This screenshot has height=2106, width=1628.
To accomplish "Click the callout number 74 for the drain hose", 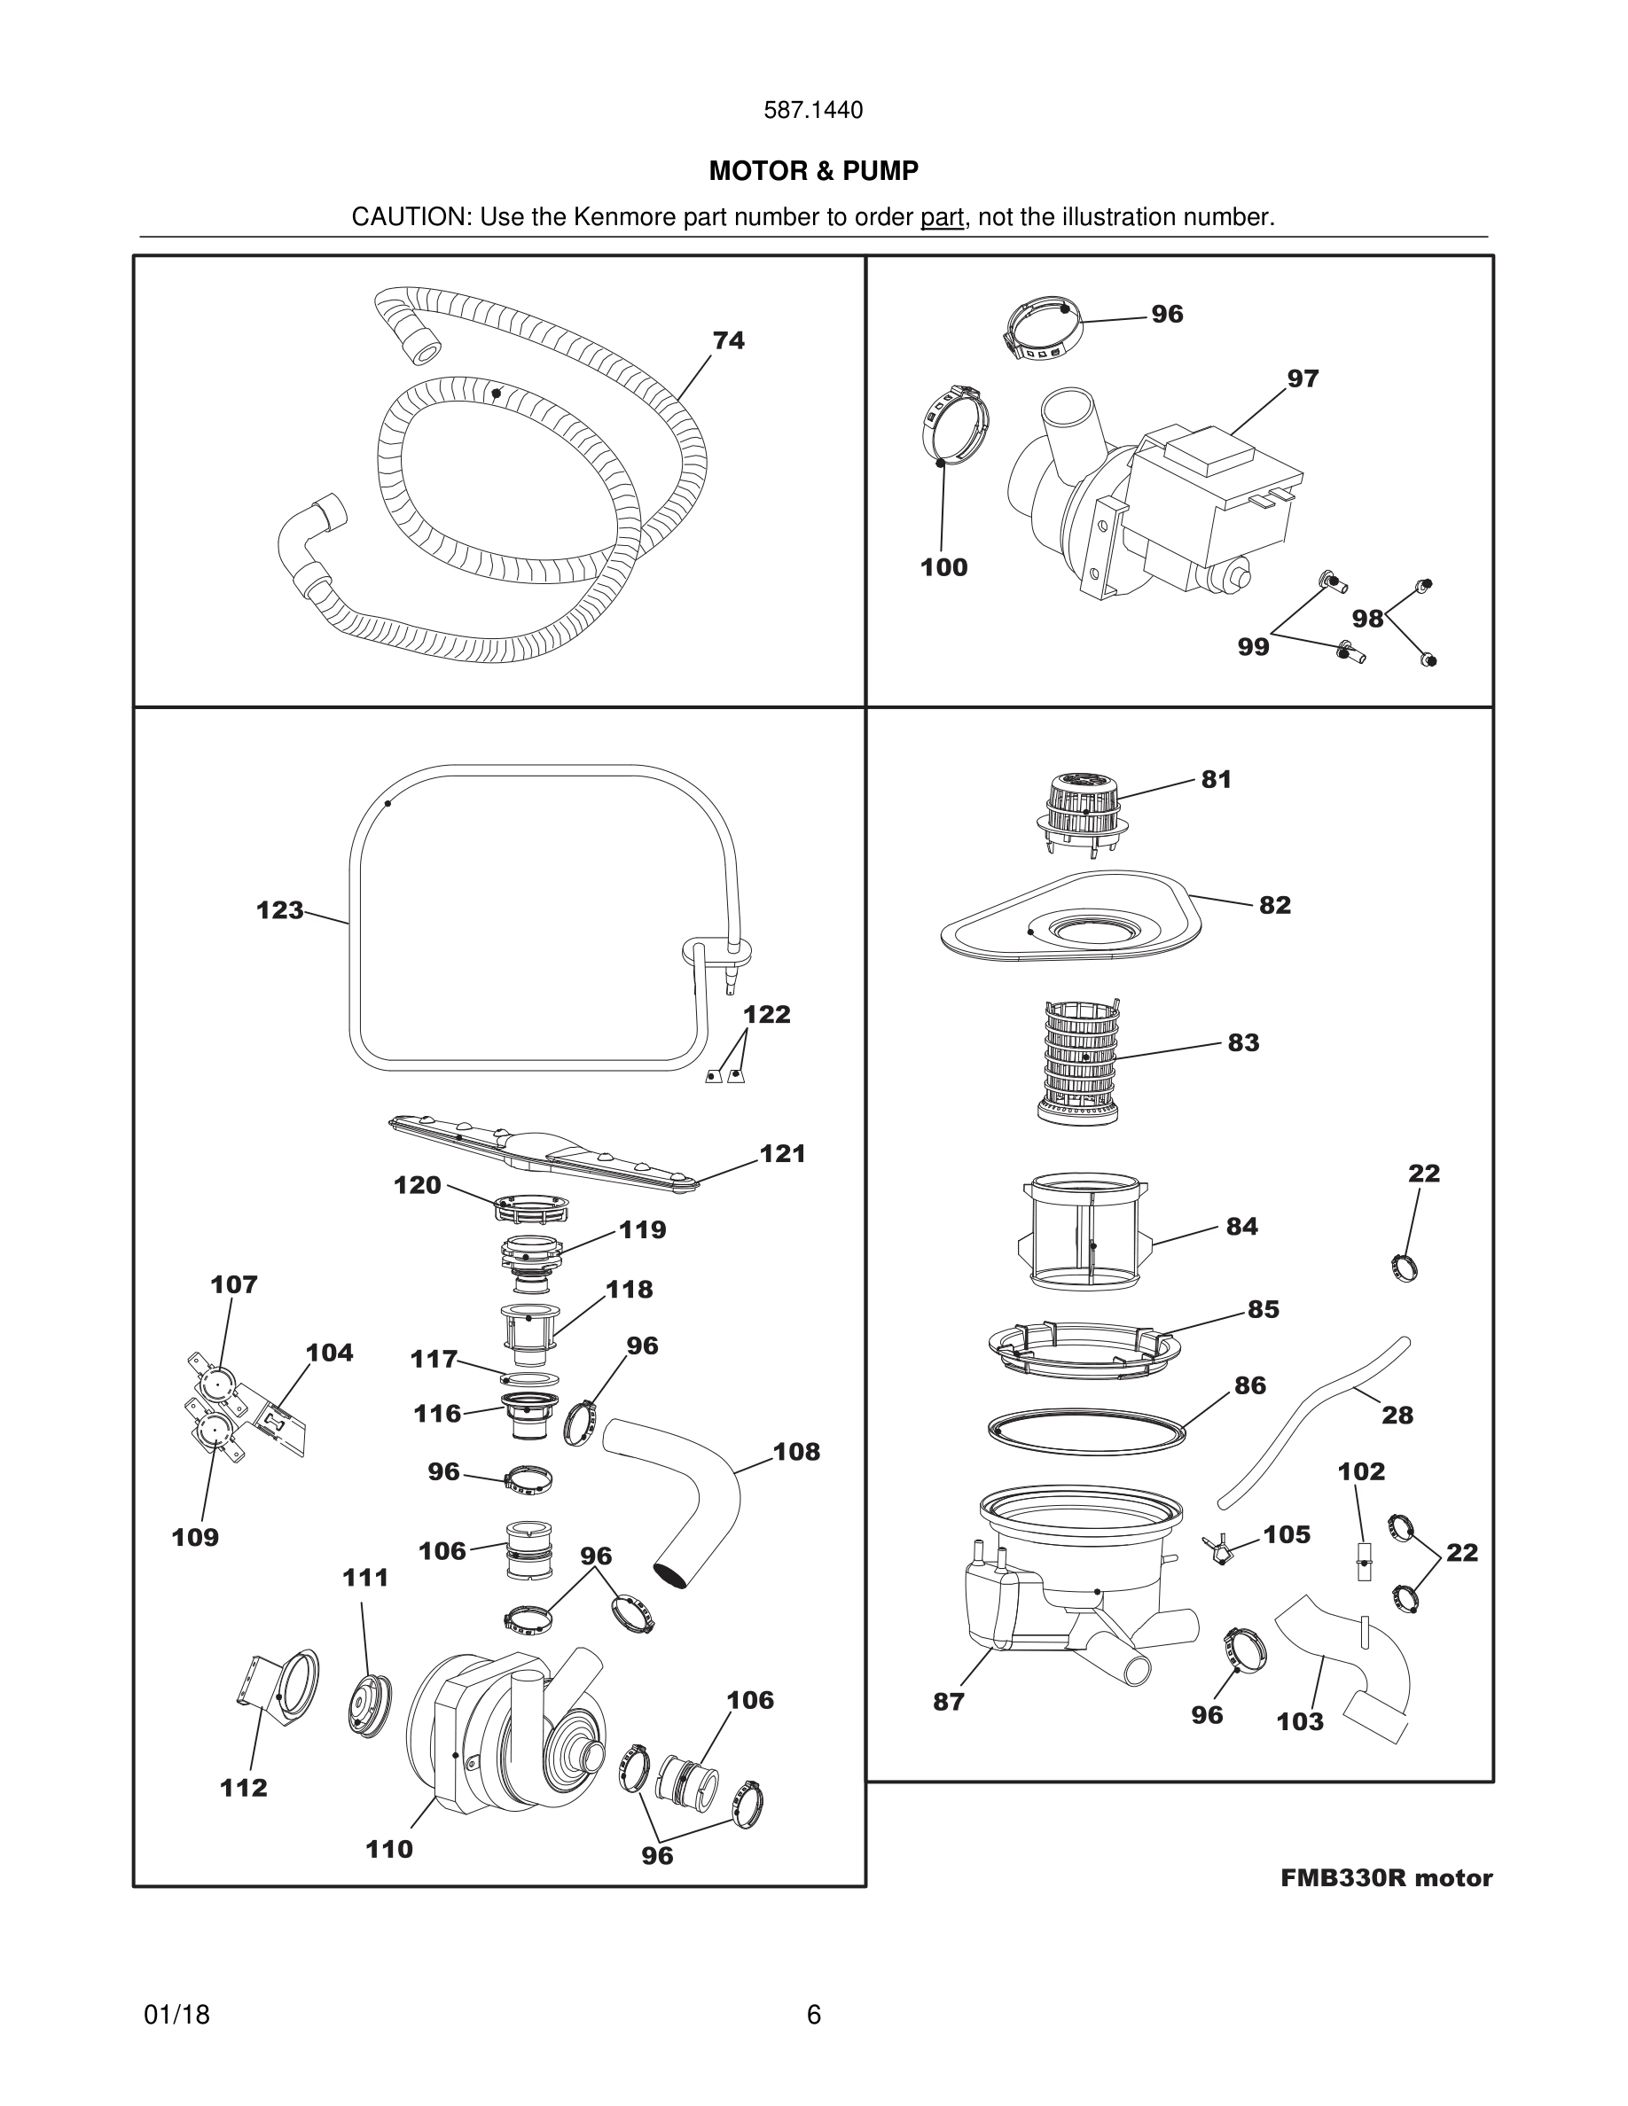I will tap(728, 340).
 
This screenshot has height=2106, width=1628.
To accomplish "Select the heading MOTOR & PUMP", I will tap(813, 171).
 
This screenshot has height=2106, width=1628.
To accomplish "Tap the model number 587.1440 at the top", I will tap(813, 110).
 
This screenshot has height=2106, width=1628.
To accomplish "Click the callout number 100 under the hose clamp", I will tap(943, 567).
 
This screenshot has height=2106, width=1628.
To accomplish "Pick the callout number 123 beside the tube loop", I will tap(279, 910).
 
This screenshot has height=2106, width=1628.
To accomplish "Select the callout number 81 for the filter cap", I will tap(1217, 779).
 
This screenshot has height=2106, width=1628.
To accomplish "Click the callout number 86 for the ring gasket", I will tap(1250, 1384).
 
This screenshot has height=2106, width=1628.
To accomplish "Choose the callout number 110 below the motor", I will tap(388, 1849).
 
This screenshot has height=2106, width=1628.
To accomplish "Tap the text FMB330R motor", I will tap(1386, 1877).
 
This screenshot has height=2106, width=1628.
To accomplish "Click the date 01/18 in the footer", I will tap(176, 2015).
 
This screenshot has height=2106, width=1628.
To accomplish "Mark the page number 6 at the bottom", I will tap(813, 2015).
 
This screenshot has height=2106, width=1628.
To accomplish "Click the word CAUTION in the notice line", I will tap(409, 217).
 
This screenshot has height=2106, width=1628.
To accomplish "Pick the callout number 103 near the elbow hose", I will tap(1299, 1721).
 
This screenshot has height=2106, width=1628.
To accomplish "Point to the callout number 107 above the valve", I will tap(233, 1284).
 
